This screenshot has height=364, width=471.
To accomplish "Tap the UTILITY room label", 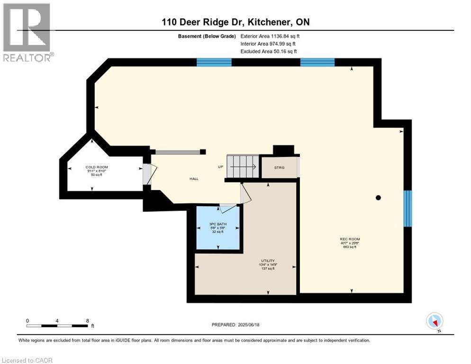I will click(267, 261).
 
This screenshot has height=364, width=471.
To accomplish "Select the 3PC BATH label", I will click(217, 224).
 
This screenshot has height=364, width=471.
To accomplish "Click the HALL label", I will click(194, 179).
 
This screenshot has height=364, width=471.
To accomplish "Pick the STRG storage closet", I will click(279, 167).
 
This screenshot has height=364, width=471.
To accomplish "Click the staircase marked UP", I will click(243, 166).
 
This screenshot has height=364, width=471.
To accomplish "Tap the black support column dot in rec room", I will click(378, 198).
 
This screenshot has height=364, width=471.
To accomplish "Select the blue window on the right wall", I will click(408, 209).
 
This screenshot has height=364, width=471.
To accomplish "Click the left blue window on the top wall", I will click(214, 62).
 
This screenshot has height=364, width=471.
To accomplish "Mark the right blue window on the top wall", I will click(317, 62).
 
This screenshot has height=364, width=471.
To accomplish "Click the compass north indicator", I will click(435, 321).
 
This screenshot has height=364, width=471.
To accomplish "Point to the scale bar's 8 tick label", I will click(88, 321).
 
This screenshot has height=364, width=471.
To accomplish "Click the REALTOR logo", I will click(27, 32).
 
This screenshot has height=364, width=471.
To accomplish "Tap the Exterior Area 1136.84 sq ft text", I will click(270, 36).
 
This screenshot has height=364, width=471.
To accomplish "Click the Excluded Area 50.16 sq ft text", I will click(269, 51).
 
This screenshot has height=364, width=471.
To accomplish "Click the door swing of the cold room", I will click(148, 174).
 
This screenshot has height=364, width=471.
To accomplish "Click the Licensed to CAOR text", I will click(27, 360).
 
